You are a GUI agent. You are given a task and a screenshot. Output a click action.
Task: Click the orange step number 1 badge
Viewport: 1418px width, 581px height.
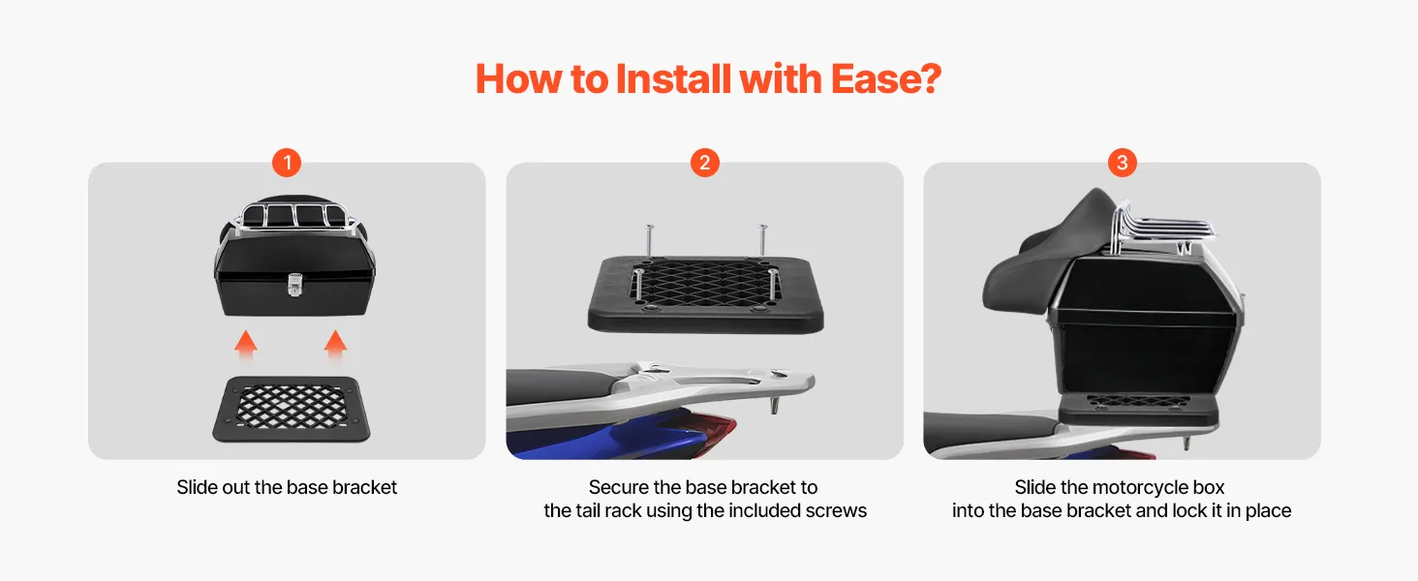coord(287,163)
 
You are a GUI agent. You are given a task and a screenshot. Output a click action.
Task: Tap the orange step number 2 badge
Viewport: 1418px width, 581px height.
coord(704,163)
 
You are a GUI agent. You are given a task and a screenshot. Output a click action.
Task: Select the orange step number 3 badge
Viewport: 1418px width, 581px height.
coord(1123,163)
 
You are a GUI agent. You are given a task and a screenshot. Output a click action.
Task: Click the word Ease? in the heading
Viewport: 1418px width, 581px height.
coord(886,79)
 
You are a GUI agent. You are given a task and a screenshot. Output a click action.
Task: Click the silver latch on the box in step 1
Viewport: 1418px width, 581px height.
coord(294,284)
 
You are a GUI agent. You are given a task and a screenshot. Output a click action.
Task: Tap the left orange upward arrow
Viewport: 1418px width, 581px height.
coord(246,346)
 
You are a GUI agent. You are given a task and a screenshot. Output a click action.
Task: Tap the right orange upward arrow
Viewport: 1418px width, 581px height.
coord(335,346)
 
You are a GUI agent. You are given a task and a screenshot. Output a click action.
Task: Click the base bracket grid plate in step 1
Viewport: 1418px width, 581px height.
coord(292,409)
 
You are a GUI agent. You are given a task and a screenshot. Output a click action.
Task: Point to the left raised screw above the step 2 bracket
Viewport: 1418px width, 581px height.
coord(650,240)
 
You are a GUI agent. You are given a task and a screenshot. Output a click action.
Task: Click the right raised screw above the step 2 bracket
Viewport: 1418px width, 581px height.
coord(763,239)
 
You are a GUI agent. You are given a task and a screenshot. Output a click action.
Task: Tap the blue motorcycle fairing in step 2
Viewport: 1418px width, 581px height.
coord(607,437)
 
